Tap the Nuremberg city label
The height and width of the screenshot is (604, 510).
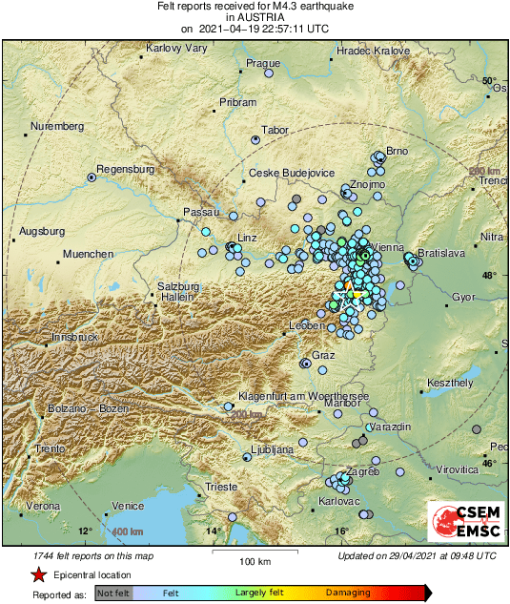57,126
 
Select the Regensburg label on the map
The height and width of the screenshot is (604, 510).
125,169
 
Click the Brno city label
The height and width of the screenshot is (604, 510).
397,151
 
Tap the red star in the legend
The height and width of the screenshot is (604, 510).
38,574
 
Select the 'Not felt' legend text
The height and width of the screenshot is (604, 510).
113,594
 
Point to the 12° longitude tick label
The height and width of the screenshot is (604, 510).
84,531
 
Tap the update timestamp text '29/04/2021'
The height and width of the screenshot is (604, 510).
413,555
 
